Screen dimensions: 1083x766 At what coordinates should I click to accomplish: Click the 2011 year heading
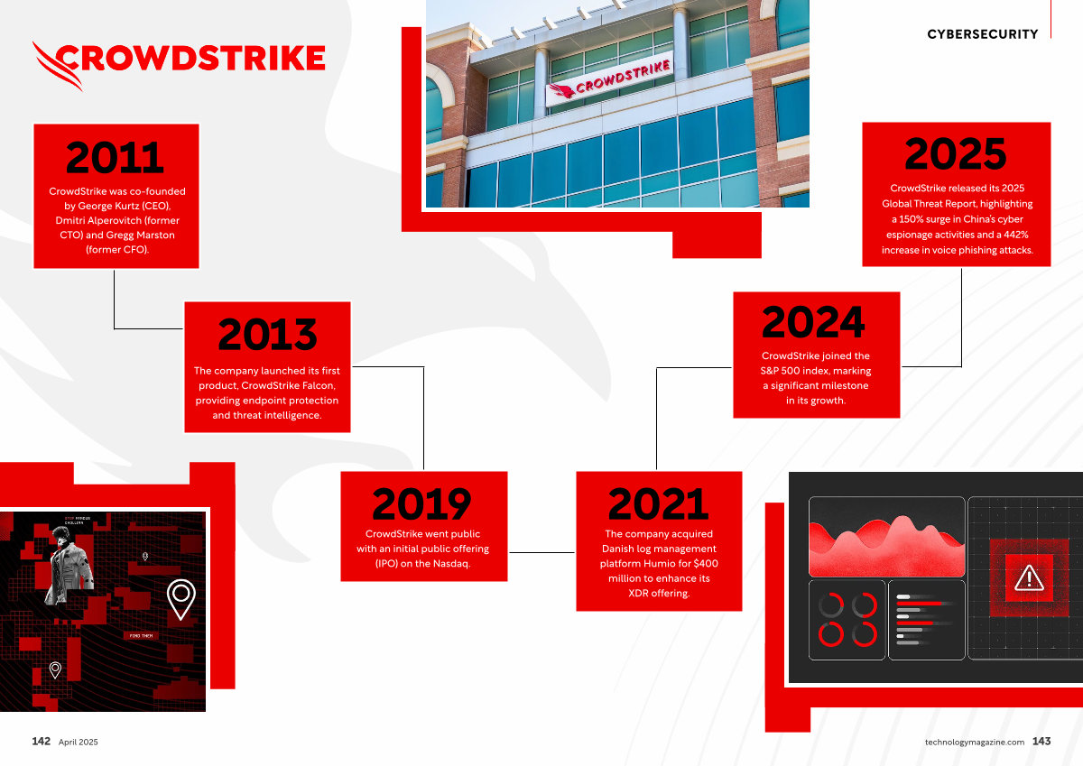point(116,157)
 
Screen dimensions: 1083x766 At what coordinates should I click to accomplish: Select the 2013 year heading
point(267,334)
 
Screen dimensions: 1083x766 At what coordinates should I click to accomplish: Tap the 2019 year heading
point(421,503)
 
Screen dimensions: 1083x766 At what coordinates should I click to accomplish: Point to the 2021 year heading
point(658,503)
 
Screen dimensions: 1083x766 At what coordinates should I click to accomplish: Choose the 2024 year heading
point(813,322)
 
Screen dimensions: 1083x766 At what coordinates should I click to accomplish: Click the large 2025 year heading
point(956,153)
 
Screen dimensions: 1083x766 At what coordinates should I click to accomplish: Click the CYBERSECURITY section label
point(983,34)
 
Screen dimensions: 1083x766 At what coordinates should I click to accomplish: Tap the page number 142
point(42,742)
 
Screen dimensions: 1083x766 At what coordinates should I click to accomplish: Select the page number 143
point(1041,742)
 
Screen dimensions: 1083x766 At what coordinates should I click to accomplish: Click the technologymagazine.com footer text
point(974,743)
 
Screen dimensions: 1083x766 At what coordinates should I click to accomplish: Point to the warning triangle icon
point(1029,578)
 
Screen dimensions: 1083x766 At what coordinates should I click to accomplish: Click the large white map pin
point(181,599)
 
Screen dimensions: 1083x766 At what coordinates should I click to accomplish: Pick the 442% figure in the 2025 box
point(1015,235)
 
